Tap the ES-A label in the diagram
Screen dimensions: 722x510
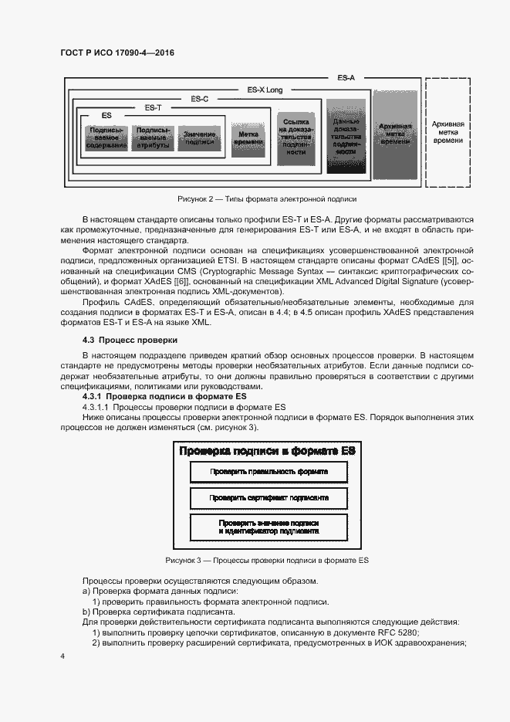coord(346,78)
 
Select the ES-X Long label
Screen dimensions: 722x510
coord(265,90)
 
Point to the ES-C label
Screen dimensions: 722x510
coord(199,99)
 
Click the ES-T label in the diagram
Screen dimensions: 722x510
coord(153,107)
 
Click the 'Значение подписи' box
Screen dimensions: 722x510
coord(200,137)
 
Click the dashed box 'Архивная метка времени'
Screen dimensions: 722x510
coord(448,132)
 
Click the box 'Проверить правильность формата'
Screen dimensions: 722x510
coord(269,471)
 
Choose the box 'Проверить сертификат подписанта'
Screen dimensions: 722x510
coord(269,498)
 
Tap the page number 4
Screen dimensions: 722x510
coord(62,656)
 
